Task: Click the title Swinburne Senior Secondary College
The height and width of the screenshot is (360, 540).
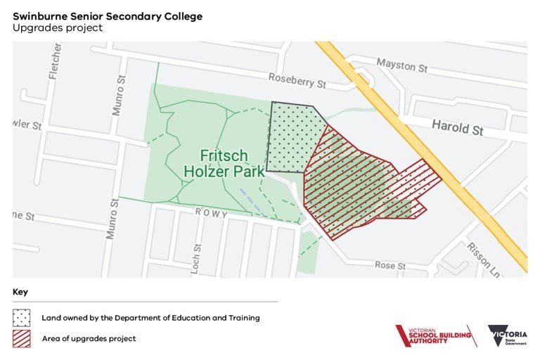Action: click(108, 15)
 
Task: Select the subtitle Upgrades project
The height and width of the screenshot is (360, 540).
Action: click(58, 28)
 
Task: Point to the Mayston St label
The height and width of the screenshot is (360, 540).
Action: click(401, 66)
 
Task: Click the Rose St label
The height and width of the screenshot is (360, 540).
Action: click(390, 266)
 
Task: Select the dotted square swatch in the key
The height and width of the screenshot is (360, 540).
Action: click(22, 318)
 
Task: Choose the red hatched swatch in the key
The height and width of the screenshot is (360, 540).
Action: click(22, 339)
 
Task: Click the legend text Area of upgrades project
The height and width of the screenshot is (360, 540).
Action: click(89, 339)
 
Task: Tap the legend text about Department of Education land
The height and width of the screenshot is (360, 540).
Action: click(150, 318)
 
